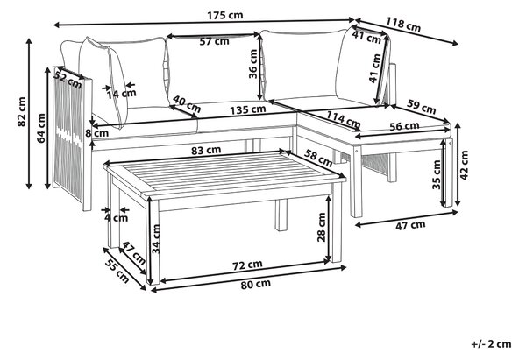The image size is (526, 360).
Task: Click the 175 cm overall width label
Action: [x=224, y=16]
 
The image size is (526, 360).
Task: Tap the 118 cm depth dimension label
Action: [x=403, y=25]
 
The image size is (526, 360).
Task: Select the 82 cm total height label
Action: [x=21, y=111]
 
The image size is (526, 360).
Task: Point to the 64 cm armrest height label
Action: [x=41, y=128]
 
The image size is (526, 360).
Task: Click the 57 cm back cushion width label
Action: [x=215, y=41]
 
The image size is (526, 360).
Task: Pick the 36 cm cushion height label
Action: [x=253, y=64]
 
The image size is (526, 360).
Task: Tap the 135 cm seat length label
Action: [x=248, y=109]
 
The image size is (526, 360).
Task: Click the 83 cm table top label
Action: [x=206, y=151]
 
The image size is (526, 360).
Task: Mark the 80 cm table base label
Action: [x=256, y=285]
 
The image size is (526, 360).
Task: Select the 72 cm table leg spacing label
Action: [x=247, y=265]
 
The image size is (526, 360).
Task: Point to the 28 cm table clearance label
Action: [x=322, y=227]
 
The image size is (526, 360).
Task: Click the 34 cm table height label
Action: [x=156, y=238]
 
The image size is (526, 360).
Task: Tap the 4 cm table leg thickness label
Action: [x=116, y=218]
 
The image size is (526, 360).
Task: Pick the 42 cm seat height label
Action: [x=464, y=165]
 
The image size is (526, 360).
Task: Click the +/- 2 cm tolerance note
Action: [x=491, y=344]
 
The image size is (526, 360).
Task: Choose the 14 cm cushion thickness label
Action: [x=122, y=94]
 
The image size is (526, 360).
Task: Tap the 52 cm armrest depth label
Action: [x=68, y=81]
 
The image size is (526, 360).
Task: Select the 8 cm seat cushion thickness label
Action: [x=97, y=133]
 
